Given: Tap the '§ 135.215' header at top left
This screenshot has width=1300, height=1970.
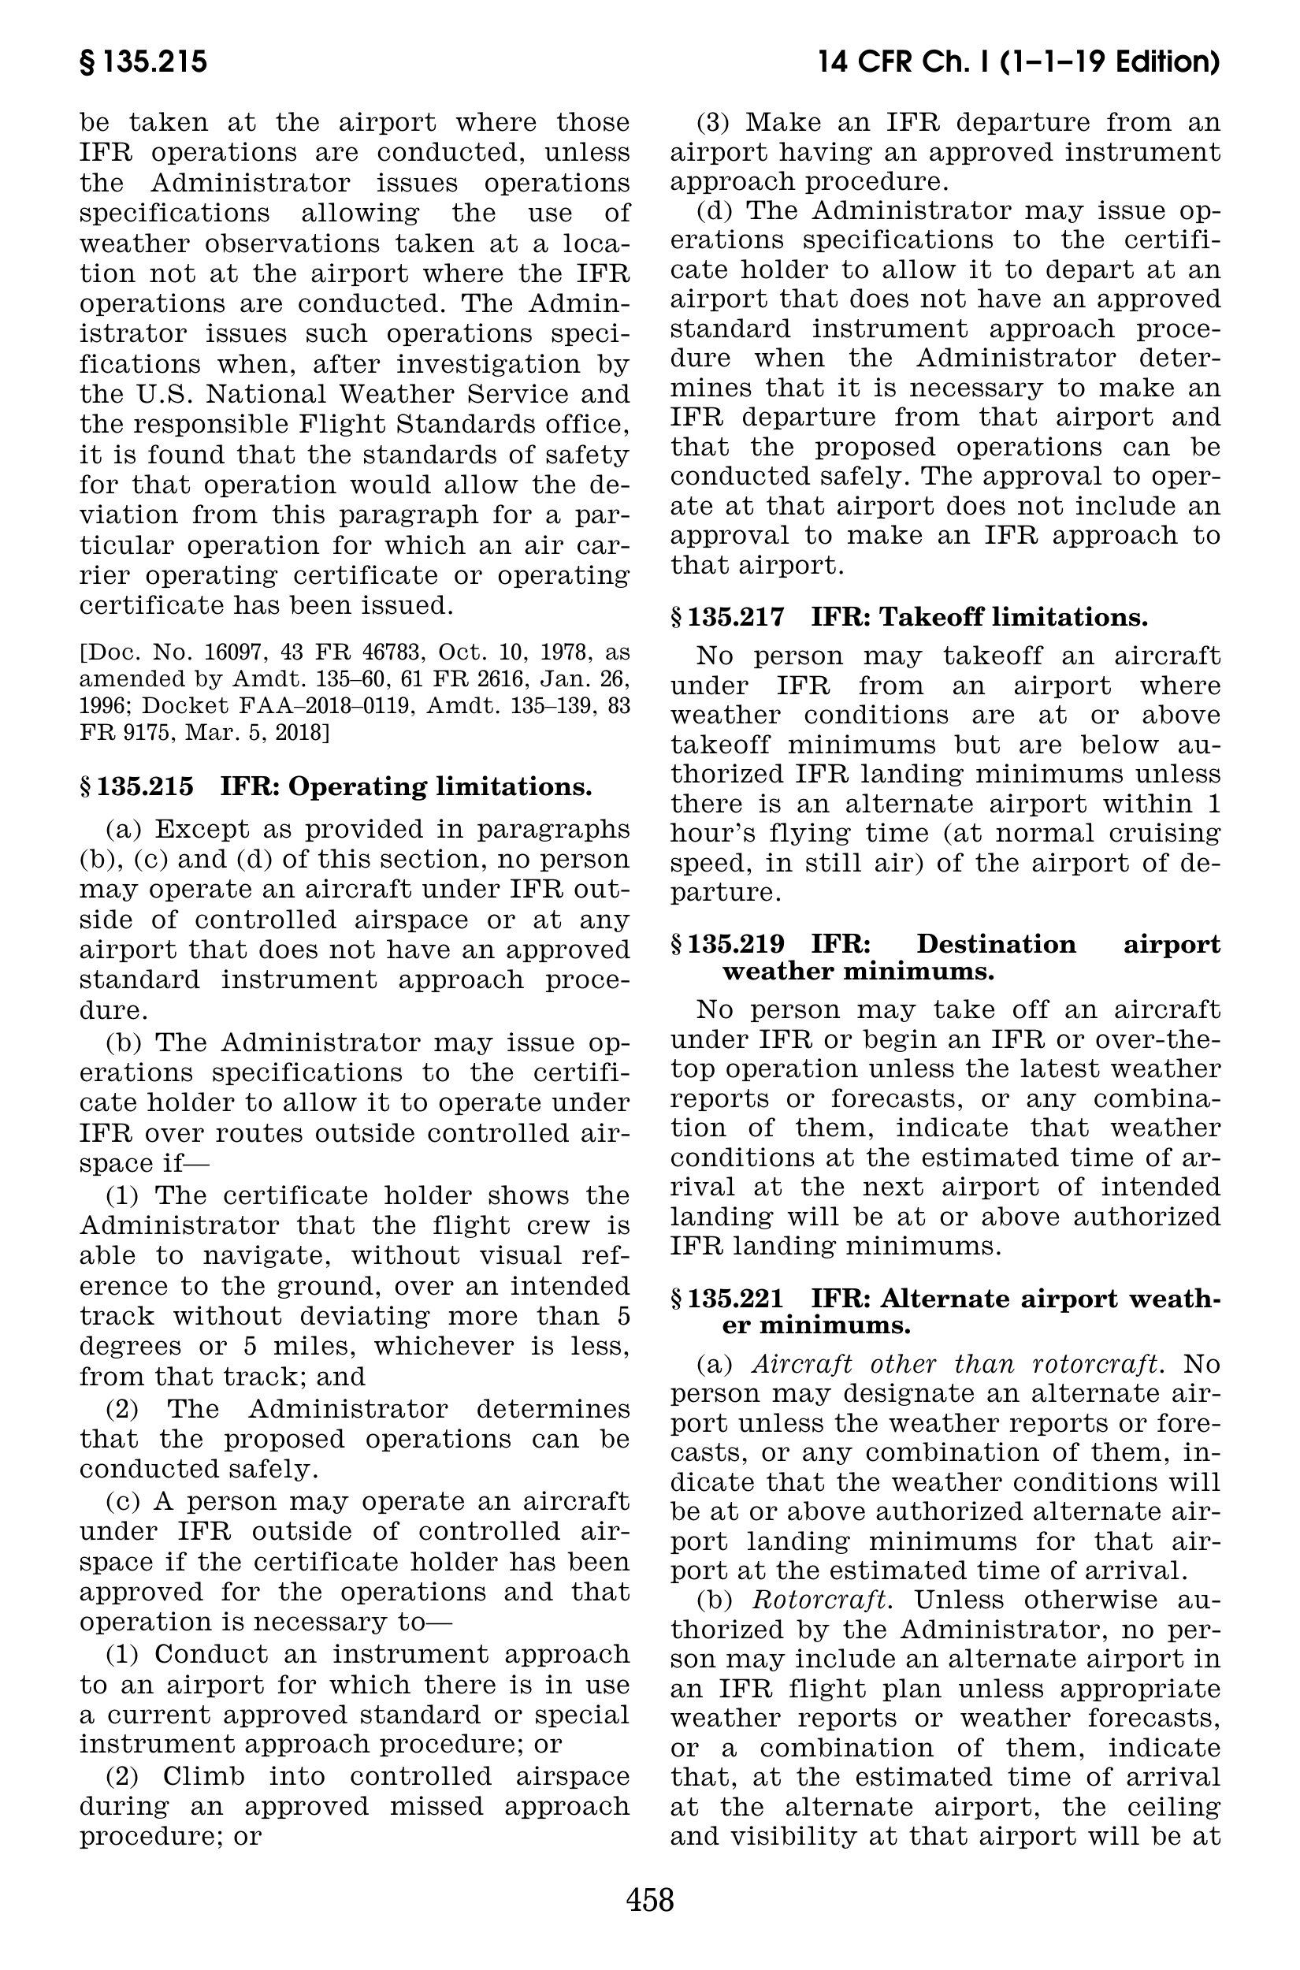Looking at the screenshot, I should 143,63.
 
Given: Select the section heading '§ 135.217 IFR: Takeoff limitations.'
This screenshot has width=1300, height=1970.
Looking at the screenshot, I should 908,618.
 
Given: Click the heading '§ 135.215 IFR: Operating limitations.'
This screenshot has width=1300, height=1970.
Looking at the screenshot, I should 336,787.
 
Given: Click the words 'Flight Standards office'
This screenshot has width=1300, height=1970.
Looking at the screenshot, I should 462,425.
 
